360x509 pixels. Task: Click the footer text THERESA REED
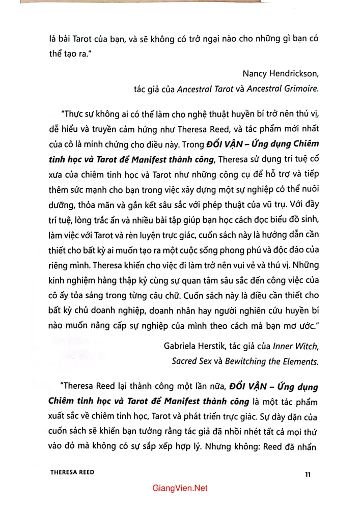coord(72,472)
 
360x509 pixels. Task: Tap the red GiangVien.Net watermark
coord(180,488)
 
